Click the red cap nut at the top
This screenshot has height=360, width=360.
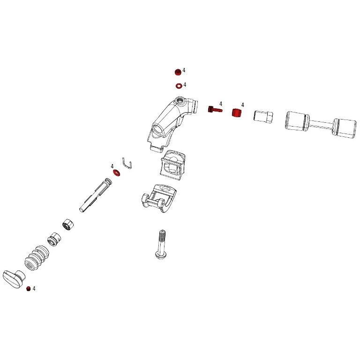(x=178, y=72)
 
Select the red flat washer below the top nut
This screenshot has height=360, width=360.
(x=179, y=86)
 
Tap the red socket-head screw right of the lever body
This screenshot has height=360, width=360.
(x=215, y=109)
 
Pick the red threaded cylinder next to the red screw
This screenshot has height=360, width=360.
(x=237, y=112)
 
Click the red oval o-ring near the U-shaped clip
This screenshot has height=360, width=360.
(x=116, y=172)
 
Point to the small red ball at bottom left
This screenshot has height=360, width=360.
(x=29, y=289)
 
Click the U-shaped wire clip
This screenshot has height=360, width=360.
(x=127, y=163)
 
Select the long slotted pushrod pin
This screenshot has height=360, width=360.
(x=96, y=195)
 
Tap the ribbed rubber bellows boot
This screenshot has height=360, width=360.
(x=37, y=258)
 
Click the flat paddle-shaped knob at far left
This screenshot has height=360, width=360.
(x=14, y=279)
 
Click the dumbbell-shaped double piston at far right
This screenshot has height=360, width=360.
(x=321, y=125)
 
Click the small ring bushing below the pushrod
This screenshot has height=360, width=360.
(x=68, y=225)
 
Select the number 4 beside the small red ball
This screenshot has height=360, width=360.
(x=34, y=289)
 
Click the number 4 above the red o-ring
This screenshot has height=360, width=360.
(x=112, y=166)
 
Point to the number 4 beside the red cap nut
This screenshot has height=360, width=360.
(x=184, y=70)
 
